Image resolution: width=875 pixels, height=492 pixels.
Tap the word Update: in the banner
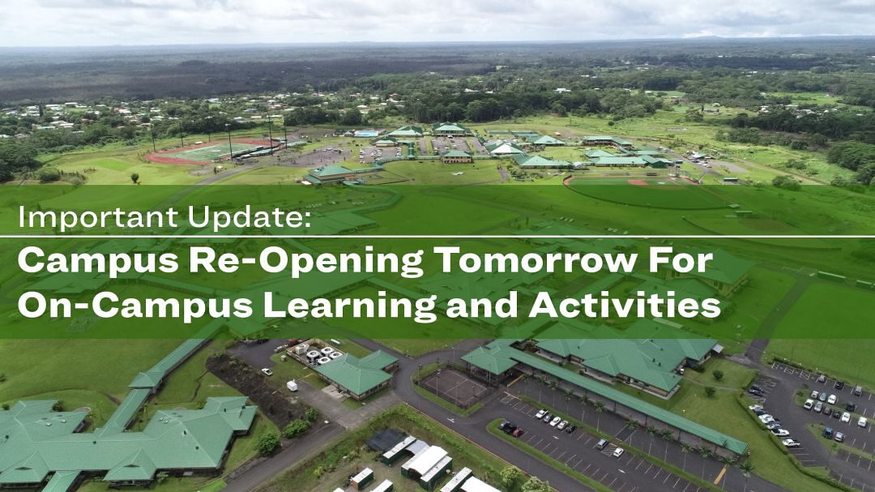coord(249,217)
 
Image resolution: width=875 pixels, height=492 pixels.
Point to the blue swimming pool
coord(366,134)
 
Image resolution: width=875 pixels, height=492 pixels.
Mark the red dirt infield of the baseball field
coord(638,182)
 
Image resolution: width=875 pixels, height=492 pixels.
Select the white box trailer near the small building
coord(292,385)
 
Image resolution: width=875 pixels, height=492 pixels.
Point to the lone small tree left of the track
coord(135,178)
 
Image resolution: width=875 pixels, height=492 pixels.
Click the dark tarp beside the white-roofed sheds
coord(386,440)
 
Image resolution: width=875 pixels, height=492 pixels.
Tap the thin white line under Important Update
coord(437,237)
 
